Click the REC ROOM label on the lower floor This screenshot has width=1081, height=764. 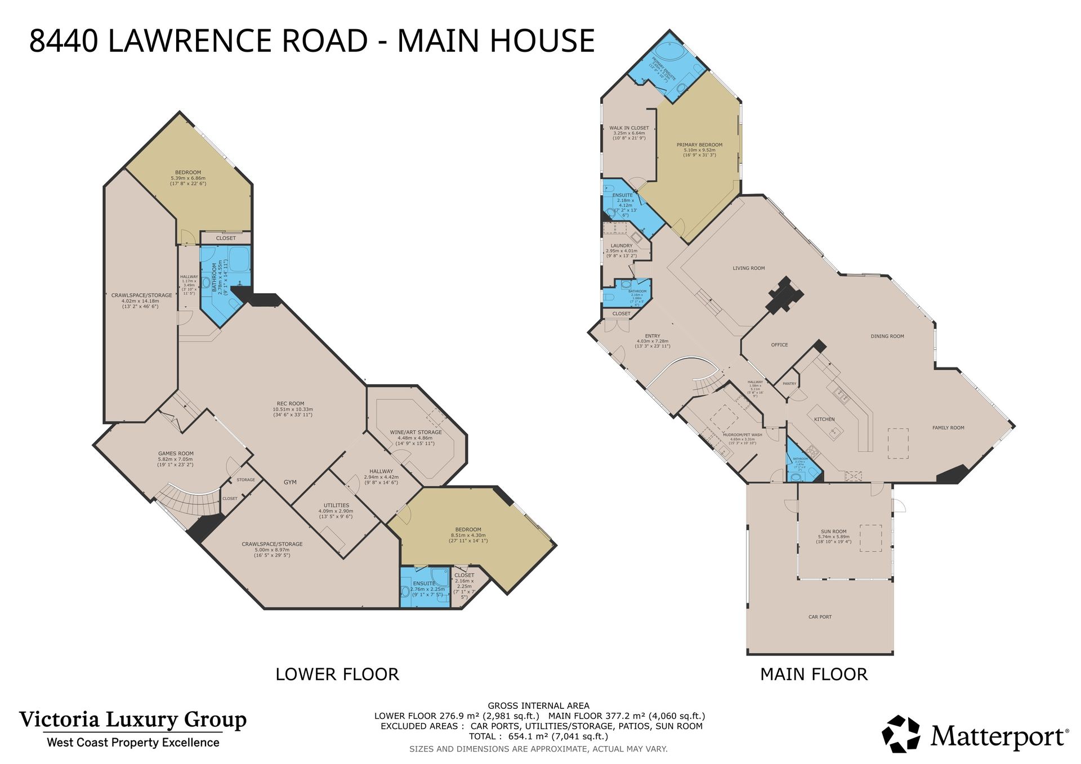pos(290,403)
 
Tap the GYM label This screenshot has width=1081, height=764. pos(290,482)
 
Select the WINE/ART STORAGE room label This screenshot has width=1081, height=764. pos(416,432)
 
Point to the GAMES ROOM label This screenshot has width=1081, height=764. pos(176,453)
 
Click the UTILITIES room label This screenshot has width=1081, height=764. pos(336,505)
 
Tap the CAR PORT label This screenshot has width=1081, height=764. pos(820,617)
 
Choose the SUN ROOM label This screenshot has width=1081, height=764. pos(833,532)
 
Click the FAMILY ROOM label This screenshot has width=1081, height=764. pos(948,428)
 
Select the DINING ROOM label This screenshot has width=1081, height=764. pos(887,336)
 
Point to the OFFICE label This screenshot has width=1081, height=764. pos(779,345)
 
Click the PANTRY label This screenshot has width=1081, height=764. pos(789,384)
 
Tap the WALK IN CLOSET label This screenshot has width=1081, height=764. pos(629,128)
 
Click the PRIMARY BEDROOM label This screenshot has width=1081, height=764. pos(699,145)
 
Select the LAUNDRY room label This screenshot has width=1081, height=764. pos(622,246)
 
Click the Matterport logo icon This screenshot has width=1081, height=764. pos(900,734)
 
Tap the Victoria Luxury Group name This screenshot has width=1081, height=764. pos(133,720)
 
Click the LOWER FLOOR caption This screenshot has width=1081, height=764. pos(337,674)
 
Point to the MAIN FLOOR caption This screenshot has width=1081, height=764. pos(814,674)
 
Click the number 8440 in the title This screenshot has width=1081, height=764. pos(63,41)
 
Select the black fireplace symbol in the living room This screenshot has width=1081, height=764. pos(784,295)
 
